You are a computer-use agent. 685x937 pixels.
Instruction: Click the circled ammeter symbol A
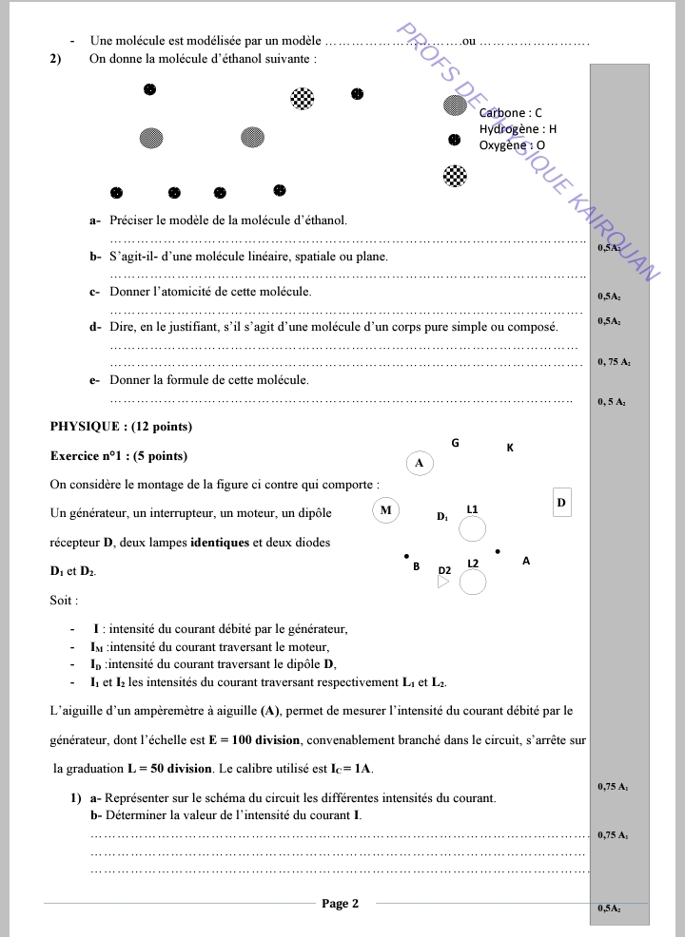click(420, 463)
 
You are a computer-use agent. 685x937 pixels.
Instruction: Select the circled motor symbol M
click(385, 510)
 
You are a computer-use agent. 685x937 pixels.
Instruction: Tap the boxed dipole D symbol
click(561, 502)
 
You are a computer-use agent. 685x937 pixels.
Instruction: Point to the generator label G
click(455, 443)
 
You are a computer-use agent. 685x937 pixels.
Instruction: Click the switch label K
click(510, 448)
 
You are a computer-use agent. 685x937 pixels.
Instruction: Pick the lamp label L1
click(472, 509)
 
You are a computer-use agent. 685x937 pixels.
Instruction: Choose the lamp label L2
click(473, 564)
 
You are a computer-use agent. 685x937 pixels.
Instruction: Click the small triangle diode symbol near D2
click(442, 583)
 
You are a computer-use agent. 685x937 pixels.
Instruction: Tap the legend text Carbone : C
click(511, 113)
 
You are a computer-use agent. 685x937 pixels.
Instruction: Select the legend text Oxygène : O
click(513, 145)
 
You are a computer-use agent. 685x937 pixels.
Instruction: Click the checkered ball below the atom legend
click(456, 175)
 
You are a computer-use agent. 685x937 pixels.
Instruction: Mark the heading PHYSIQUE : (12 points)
click(121, 426)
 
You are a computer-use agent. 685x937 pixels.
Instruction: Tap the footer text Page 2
click(340, 904)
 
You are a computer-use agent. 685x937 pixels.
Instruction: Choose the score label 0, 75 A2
click(614, 362)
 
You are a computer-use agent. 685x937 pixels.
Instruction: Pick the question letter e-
click(95, 379)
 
